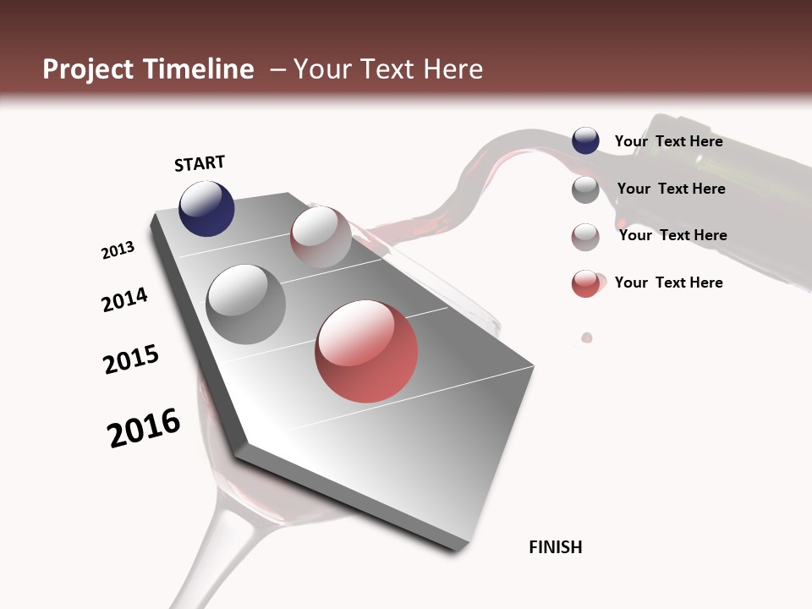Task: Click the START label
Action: click(x=200, y=163)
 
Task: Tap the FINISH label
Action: click(x=555, y=547)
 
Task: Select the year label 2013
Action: click(x=118, y=250)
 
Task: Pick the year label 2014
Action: click(x=124, y=299)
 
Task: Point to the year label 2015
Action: click(x=131, y=359)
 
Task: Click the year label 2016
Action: click(x=144, y=428)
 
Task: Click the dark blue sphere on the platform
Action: click(x=206, y=208)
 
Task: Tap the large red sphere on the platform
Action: click(x=366, y=351)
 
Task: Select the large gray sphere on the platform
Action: click(x=245, y=304)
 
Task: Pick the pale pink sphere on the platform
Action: click(x=321, y=236)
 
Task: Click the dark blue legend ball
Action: click(x=585, y=141)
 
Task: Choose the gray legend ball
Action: click(x=585, y=189)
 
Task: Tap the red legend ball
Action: click(x=585, y=283)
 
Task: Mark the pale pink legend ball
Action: click(x=585, y=237)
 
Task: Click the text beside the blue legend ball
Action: click(x=668, y=141)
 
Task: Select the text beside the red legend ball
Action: click(x=668, y=283)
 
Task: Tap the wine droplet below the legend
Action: click(x=586, y=337)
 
